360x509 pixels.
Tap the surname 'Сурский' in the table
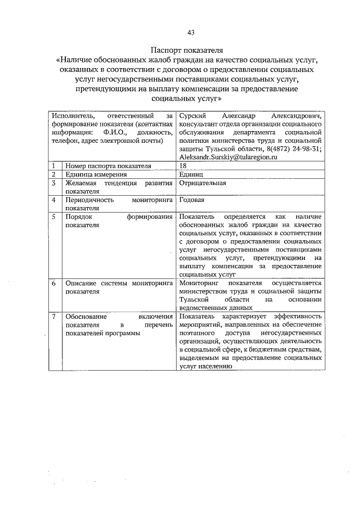tap(191, 115)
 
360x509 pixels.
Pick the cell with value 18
tap(183, 166)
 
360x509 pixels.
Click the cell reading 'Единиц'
tap(191, 175)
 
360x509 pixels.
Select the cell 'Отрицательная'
tap(202, 183)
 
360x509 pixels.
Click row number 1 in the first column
tap(53, 166)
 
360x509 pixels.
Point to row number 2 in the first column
tap(53, 175)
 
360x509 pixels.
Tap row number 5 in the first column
tap(53, 217)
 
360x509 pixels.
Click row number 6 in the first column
tap(53, 283)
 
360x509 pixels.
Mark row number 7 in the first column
tap(53, 317)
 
